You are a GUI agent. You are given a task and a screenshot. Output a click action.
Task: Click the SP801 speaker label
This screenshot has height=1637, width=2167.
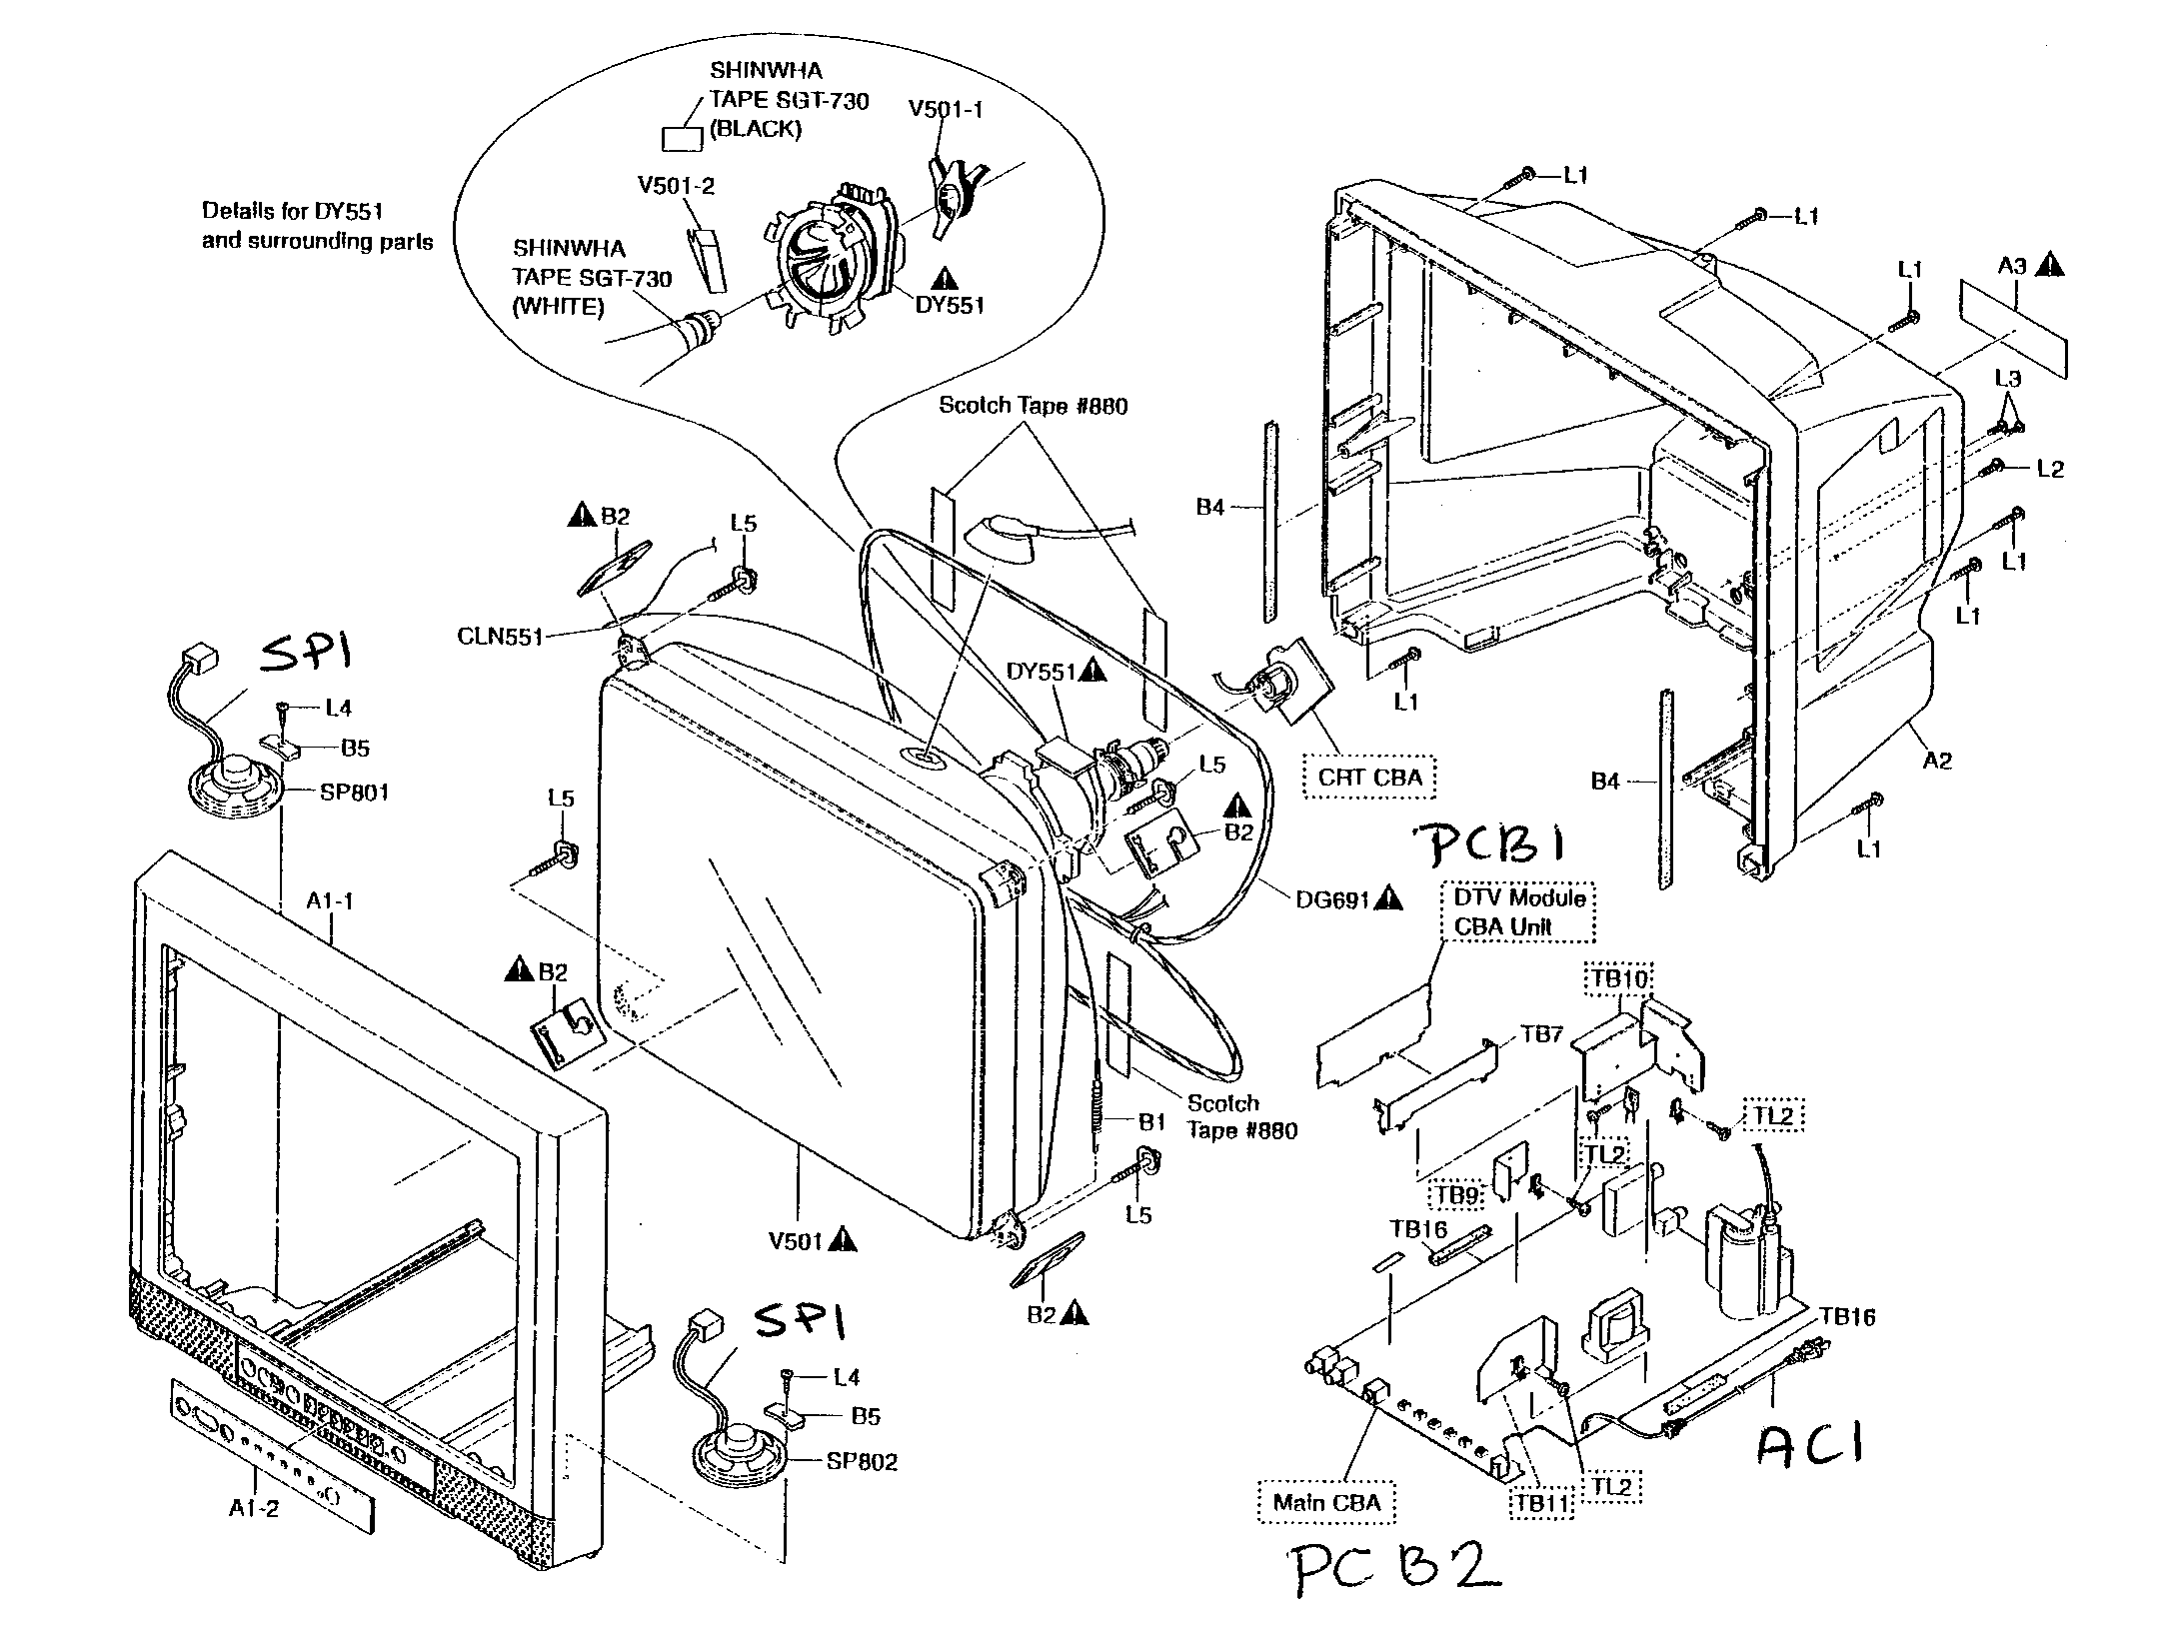click(x=354, y=793)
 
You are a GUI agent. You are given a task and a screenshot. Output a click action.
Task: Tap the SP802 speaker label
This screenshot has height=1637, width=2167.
click(x=862, y=1461)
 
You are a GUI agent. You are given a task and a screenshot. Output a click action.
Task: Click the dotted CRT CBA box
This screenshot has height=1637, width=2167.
click(x=1369, y=777)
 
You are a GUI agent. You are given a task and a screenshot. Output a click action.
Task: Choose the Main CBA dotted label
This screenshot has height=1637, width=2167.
click(x=1326, y=1501)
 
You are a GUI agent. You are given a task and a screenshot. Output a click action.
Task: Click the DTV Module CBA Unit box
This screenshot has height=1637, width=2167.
click(x=1518, y=911)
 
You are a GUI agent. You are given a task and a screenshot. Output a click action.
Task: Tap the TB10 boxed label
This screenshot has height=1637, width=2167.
click(x=1618, y=979)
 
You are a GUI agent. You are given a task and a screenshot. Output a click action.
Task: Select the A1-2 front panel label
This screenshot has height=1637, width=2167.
click(x=254, y=1508)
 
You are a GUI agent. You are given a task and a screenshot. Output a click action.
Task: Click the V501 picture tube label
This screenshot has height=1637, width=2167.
click(x=795, y=1241)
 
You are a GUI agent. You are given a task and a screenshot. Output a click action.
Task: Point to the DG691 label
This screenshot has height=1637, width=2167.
click(x=1332, y=898)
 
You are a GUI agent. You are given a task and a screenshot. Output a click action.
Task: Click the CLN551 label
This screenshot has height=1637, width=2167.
click(x=500, y=637)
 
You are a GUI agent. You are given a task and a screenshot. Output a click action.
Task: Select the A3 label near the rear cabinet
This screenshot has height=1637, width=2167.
click(x=2013, y=266)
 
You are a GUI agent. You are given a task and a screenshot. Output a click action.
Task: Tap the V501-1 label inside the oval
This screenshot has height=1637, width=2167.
click(x=945, y=109)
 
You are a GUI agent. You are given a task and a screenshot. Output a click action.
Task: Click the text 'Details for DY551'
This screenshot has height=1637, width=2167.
click(x=292, y=211)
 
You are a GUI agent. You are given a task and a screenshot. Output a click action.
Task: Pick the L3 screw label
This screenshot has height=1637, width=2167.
click(x=2007, y=379)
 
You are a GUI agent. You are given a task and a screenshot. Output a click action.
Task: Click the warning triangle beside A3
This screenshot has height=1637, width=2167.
click(x=2051, y=265)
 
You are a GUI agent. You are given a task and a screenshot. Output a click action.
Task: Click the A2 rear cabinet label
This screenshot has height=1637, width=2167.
click(x=1937, y=761)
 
